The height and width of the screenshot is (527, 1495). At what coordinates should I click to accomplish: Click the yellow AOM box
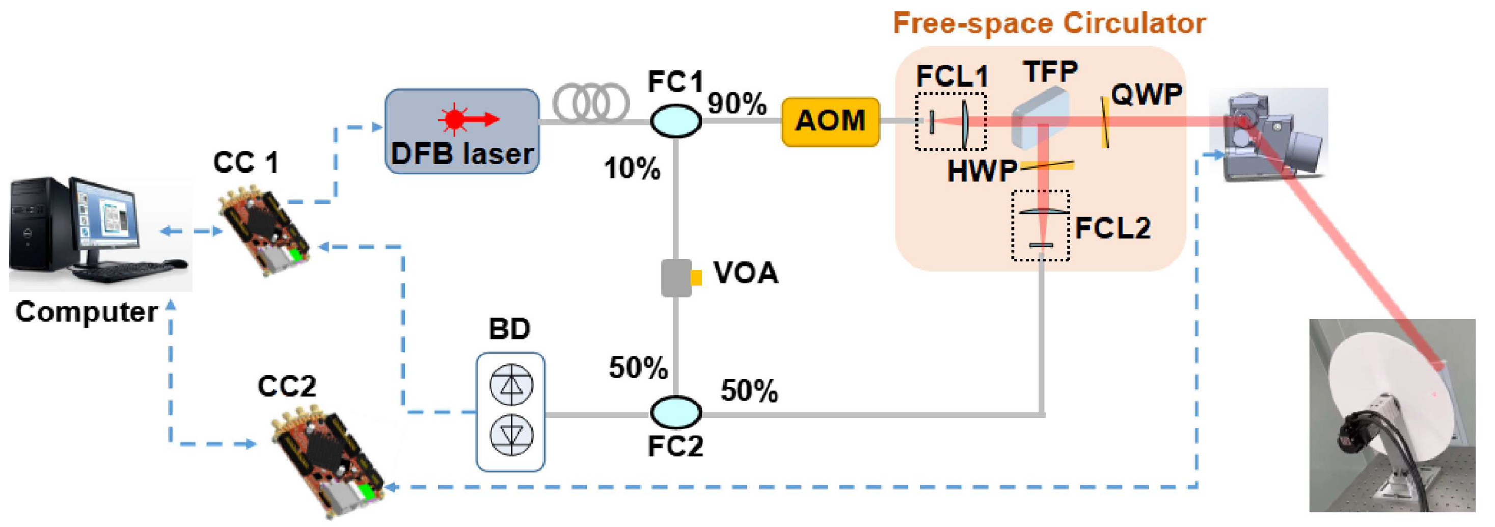(830, 121)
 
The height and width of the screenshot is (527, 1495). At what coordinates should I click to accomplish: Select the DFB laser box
(462, 131)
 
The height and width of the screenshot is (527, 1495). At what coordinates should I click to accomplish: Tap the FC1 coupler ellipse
(675, 121)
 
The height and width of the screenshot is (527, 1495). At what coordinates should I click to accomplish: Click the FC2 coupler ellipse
(675, 412)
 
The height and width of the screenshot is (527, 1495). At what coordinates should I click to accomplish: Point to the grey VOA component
(676, 277)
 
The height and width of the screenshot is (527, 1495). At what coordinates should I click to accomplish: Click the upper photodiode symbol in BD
(511, 384)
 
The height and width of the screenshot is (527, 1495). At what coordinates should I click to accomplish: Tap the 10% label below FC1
(632, 168)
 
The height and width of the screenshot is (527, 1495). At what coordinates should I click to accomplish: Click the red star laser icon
(455, 119)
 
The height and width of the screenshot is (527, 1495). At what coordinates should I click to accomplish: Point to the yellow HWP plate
(1048, 166)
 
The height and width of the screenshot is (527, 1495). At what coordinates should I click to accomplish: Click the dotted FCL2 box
(1041, 225)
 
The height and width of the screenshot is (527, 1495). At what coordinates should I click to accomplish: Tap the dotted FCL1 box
(950, 121)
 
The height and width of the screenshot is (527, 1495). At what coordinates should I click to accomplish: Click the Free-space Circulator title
(1049, 23)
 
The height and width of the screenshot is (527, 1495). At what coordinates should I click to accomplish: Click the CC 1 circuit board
(264, 229)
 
